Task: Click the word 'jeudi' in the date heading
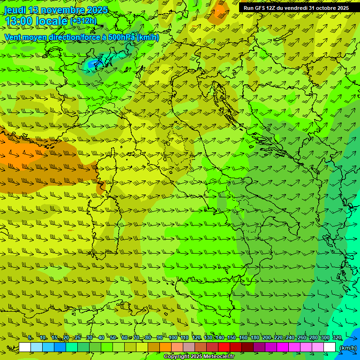coord(15,10)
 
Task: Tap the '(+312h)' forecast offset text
coord(83,21)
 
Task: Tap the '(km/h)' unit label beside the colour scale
coord(347,348)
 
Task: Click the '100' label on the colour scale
coord(173,337)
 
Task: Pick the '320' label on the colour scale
coord(337,337)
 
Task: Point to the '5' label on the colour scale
coord(30,337)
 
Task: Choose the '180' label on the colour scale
coord(255,337)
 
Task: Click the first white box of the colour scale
coord(25,347)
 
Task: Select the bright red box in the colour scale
coord(224,347)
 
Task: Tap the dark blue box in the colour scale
coord(60,347)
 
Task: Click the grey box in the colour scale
coord(189,347)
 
